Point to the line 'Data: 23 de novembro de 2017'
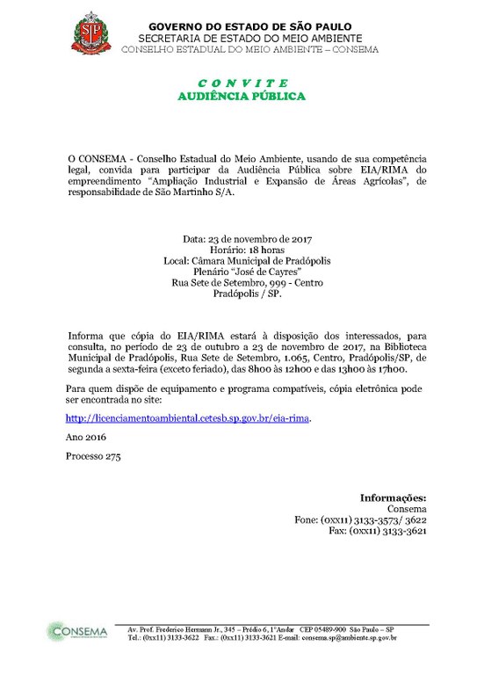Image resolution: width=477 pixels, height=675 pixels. [x=248, y=238]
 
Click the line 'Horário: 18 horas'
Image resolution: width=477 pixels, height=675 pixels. [x=249, y=250]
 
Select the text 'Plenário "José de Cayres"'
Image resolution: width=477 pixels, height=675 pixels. [x=249, y=272]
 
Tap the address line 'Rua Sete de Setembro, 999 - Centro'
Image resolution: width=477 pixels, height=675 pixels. [x=249, y=284]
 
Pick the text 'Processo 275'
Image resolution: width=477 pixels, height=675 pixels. [x=92, y=457]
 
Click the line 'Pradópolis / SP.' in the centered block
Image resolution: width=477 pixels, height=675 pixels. [x=249, y=295]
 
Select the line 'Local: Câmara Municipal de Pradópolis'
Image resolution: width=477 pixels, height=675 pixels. [x=248, y=261]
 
